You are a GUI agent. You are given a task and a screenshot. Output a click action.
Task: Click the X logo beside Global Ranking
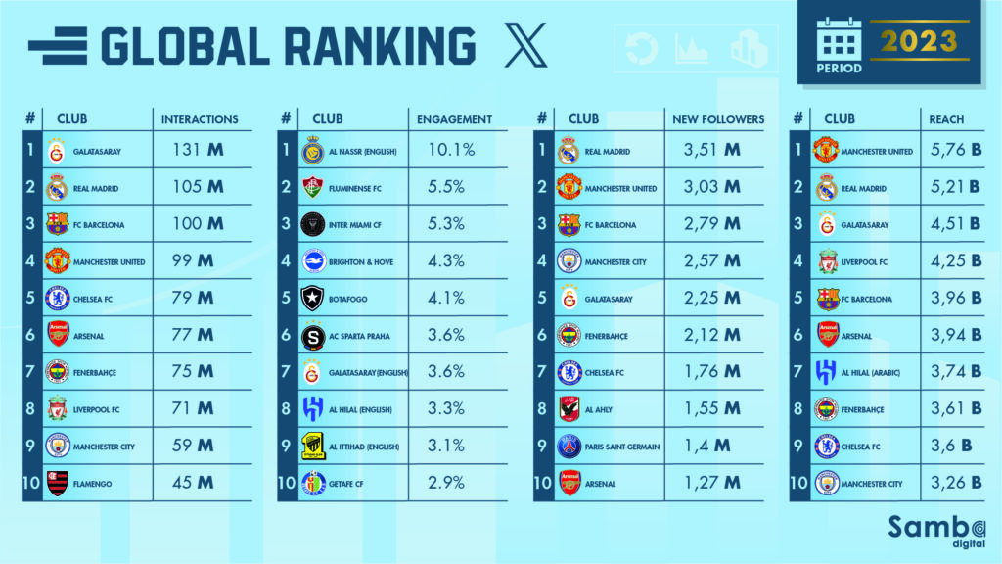(x=525, y=46)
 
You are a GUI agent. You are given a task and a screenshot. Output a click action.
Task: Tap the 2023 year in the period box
(x=917, y=41)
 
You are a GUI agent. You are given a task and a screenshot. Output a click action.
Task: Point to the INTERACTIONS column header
(x=200, y=118)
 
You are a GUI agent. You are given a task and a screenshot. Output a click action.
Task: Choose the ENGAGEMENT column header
(x=454, y=118)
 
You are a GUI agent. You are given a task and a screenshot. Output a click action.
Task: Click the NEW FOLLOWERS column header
(x=718, y=118)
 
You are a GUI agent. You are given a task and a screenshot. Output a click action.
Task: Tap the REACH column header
(x=946, y=118)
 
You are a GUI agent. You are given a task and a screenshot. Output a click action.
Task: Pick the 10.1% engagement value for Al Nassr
(x=452, y=151)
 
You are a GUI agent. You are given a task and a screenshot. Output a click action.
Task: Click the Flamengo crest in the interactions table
(x=58, y=483)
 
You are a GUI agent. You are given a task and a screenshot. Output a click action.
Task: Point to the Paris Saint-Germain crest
(x=569, y=446)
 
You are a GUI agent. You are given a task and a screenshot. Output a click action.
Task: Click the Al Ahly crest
(x=569, y=409)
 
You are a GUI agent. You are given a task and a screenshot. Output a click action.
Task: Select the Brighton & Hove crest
(x=313, y=261)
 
